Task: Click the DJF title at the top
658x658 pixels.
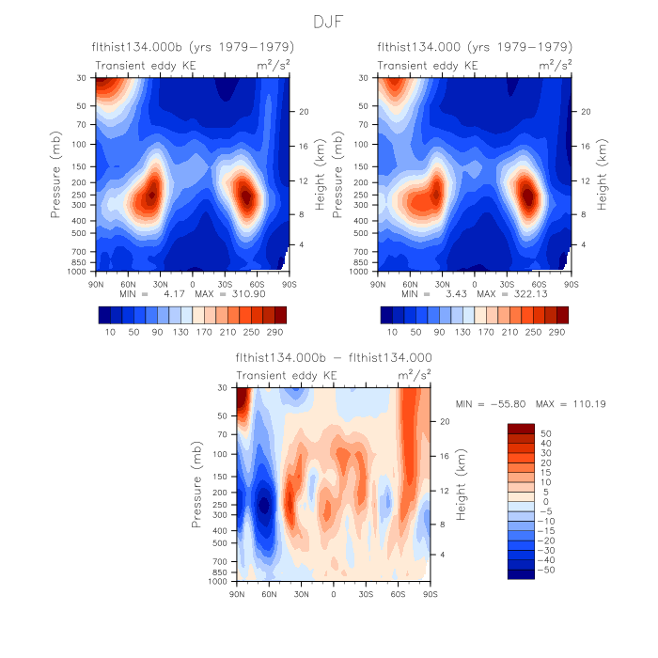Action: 329,20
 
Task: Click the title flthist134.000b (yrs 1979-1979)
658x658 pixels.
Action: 193,46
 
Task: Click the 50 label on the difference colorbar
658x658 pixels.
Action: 545,433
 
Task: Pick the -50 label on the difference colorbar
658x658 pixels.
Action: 547,569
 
